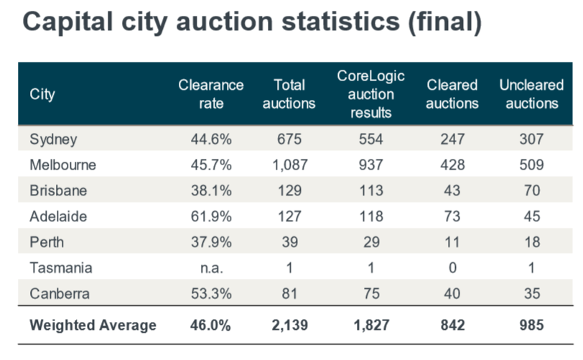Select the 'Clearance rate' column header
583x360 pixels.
coord(211,94)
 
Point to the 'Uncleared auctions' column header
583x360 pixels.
coord(531,94)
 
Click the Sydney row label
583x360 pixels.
coord(53,139)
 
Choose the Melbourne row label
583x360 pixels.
coord(63,165)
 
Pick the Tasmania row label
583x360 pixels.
coord(60,268)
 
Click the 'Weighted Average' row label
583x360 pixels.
coord(93,325)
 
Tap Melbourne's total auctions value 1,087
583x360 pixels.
coord(289,165)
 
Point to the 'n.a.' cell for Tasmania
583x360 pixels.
coord(211,268)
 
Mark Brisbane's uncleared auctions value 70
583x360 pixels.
coord(531,190)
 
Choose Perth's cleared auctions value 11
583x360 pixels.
coord(452,242)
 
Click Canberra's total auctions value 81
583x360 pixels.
coord(289,294)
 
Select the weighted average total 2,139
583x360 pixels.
coord(289,325)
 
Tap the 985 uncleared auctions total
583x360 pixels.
coord(531,325)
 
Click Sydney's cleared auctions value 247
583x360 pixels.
coord(452,139)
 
